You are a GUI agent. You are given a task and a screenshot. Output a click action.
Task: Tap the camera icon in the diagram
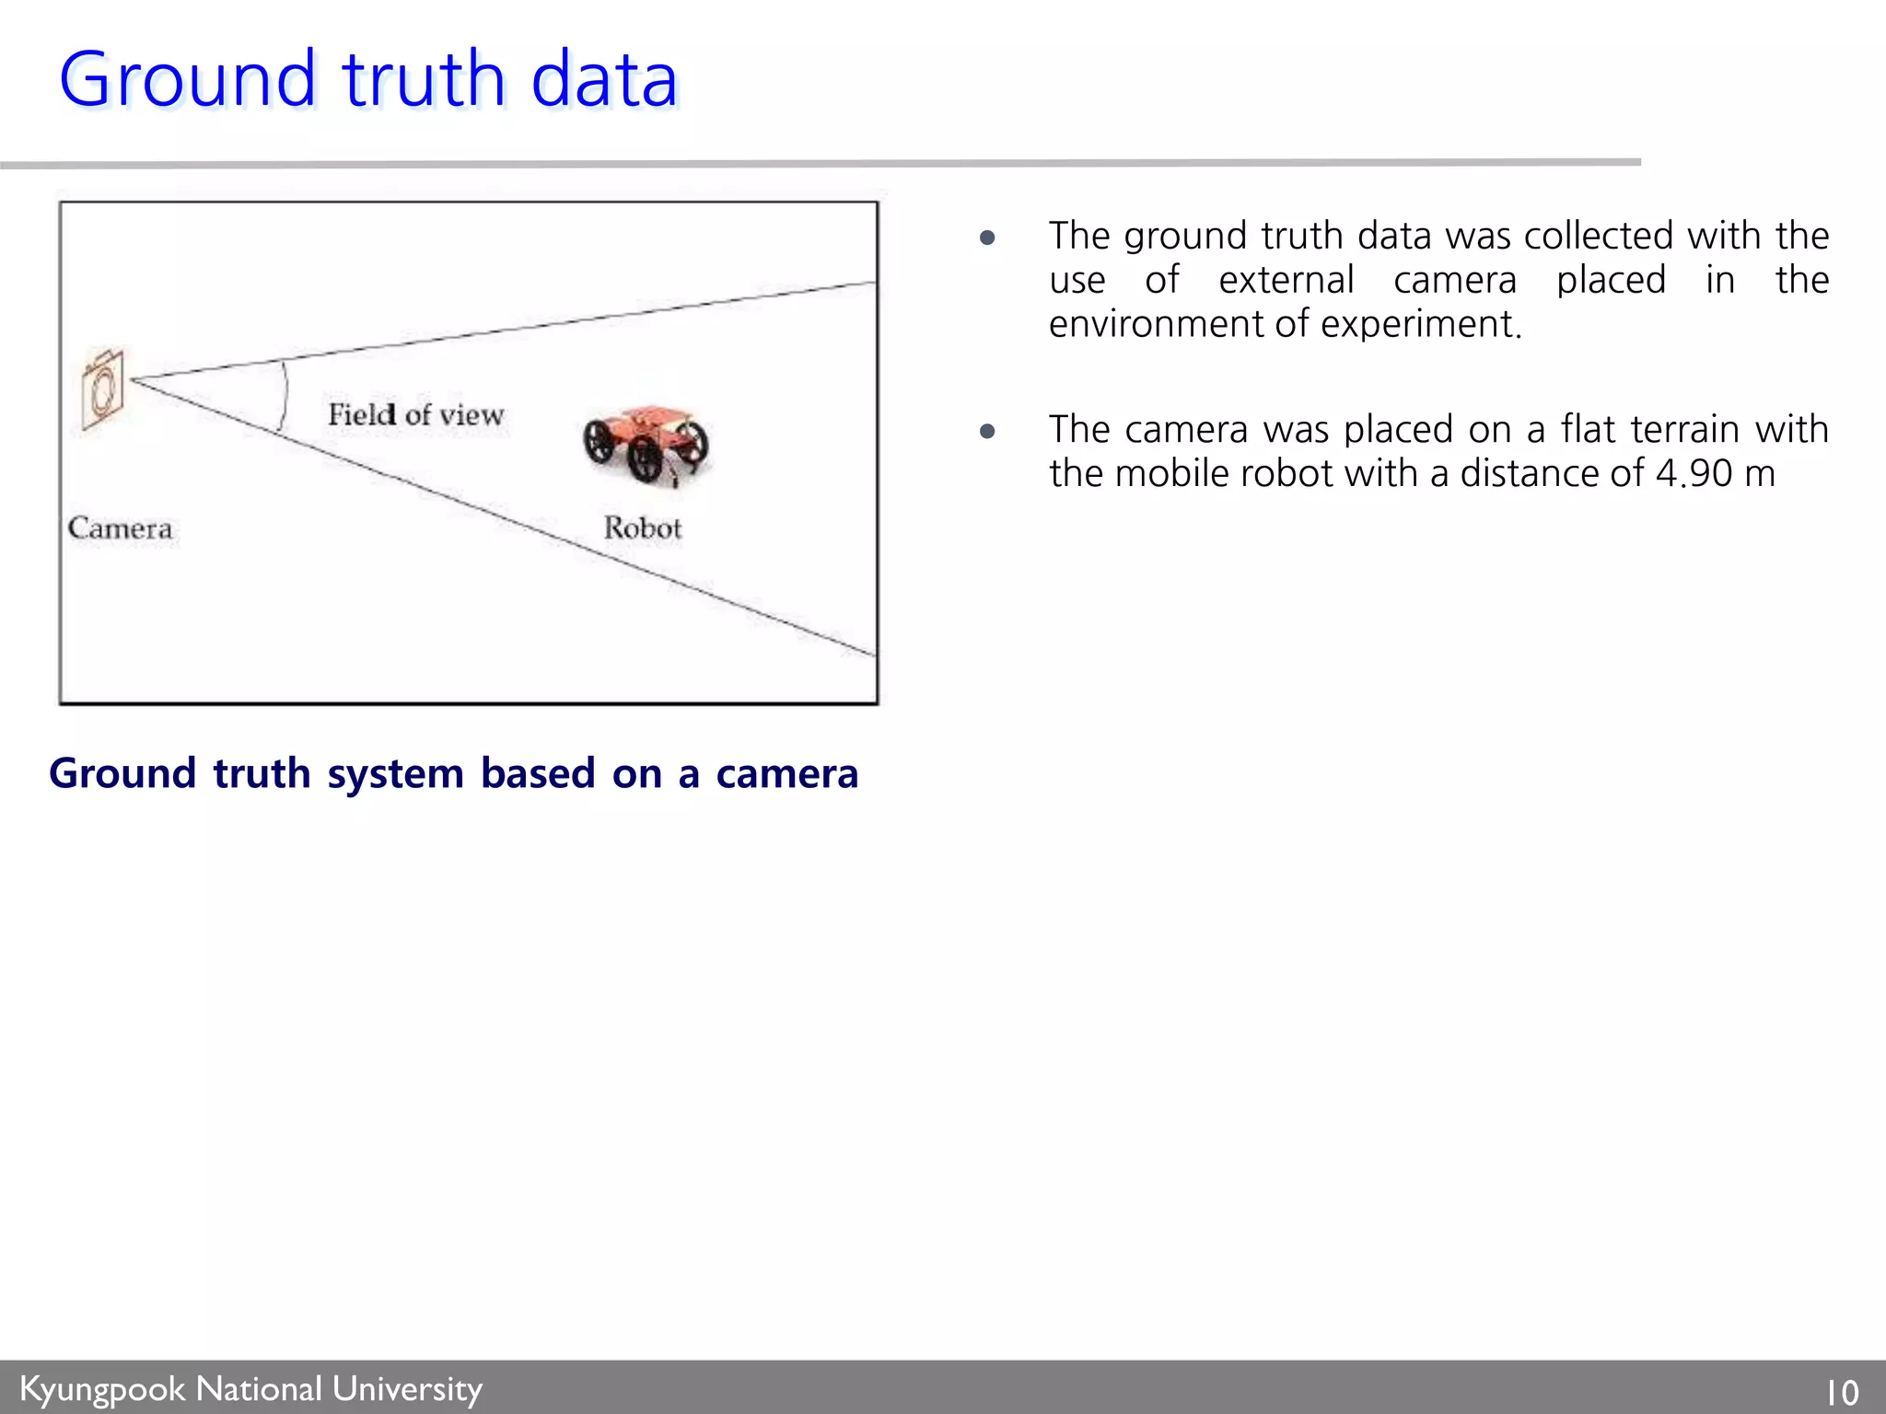102,388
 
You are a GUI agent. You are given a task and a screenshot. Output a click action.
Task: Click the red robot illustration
646,445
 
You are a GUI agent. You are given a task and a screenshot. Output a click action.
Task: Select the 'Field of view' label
416,414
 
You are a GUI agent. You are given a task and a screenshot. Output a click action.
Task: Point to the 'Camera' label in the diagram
120,528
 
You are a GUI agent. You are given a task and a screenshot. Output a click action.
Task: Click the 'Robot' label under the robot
643,528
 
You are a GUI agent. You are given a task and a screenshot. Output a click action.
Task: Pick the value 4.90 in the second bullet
1694,474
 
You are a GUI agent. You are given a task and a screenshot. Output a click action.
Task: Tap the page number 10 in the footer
1842,1392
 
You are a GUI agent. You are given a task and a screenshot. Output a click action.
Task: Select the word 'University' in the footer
407,1389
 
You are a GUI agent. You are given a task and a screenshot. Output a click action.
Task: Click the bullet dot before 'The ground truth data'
988,238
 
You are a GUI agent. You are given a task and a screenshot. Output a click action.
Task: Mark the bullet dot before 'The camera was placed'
988,431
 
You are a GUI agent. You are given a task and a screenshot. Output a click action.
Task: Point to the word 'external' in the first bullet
1286,280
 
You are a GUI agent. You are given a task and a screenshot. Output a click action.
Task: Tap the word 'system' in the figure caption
396,774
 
